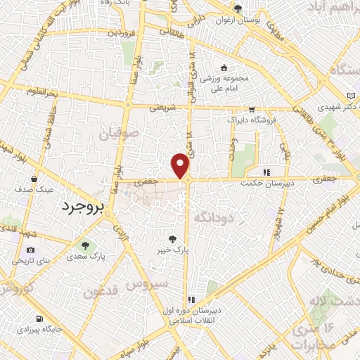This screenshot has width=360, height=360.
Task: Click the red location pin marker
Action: point(181,166)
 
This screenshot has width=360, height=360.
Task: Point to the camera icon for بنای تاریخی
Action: point(30,250)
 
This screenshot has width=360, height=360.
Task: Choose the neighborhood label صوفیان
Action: point(134,131)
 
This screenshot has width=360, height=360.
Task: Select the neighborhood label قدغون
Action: point(100,291)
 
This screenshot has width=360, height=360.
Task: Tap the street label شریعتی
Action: point(164,108)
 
